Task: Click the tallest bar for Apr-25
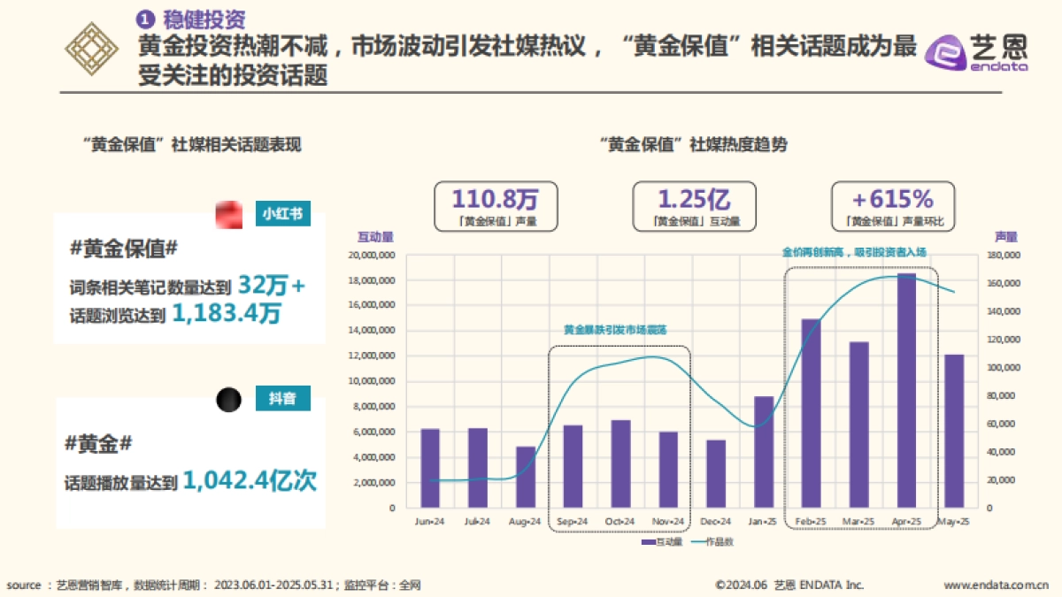(x=906, y=389)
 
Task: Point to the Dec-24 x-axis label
(x=715, y=522)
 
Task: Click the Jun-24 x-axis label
(x=429, y=522)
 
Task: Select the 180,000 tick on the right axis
(x=1002, y=256)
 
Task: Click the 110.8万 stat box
(x=495, y=207)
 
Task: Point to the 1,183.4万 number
(x=226, y=313)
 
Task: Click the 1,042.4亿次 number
(x=251, y=481)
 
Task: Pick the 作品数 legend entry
(x=712, y=541)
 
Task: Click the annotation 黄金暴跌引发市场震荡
(x=614, y=330)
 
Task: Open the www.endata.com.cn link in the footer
(x=995, y=585)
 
